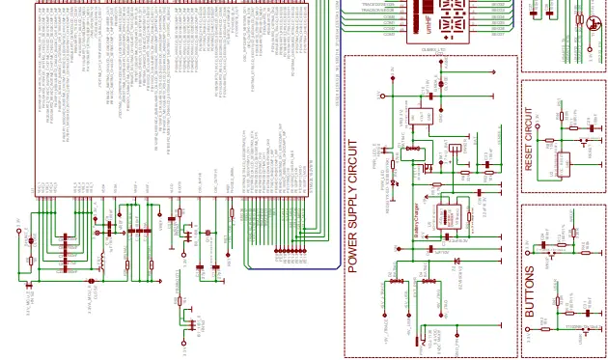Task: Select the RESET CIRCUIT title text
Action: [x=529, y=144]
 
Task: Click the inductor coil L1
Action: [x=100, y=260]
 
